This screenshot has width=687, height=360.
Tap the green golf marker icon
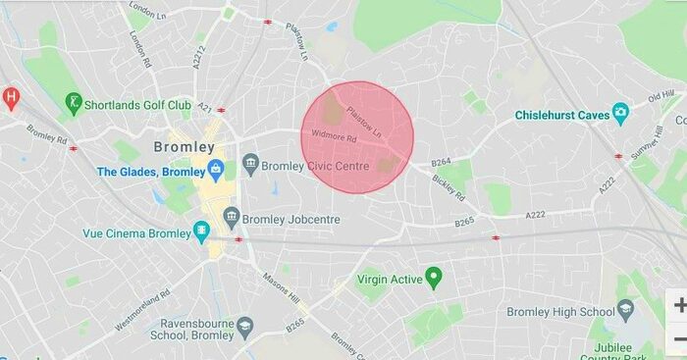(x=73, y=102)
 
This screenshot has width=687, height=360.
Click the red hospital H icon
(x=11, y=97)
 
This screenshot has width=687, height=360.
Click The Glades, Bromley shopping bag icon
(x=216, y=172)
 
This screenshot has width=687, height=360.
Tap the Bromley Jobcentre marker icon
(x=232, y=217)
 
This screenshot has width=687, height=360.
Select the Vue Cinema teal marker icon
(x=202, y=232)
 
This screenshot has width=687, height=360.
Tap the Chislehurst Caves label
(x=561, y=116)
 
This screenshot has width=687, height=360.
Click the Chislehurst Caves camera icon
(x=620, y=115)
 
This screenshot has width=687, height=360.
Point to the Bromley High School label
(x=560, y=312)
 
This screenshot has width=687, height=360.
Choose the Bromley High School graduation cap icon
(x=625, y=312)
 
